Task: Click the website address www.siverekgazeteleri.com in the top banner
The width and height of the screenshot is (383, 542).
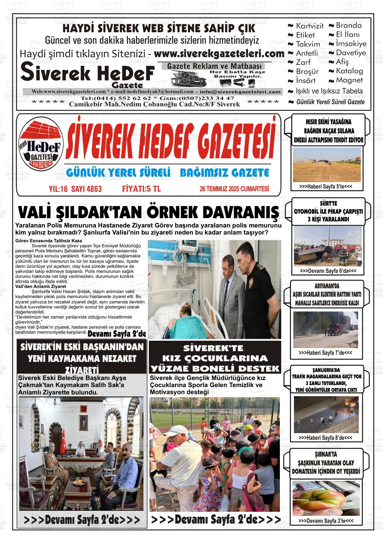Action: coord(219,54)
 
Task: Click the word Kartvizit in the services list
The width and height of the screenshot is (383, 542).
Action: coord(309,26)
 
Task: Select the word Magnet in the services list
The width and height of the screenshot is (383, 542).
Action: coord(349,80)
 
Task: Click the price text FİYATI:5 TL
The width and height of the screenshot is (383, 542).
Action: coord(141,189)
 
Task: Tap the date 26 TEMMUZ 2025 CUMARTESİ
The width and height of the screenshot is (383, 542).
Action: coord(234,189)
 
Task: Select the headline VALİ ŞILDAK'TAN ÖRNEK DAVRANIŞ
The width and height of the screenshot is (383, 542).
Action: coord(148,213)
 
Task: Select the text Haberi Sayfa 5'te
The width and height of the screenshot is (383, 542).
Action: coord(325,186)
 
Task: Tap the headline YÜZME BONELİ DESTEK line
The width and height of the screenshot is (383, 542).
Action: coord(215,368)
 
